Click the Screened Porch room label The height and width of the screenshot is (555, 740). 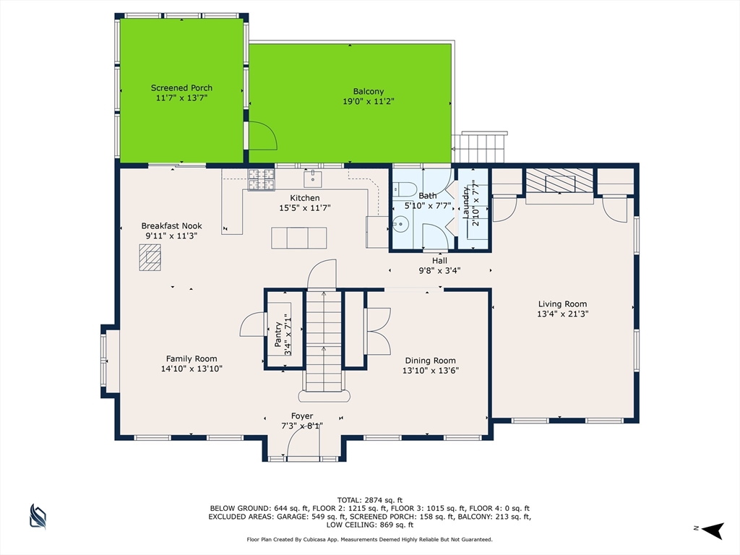tap(181, 87)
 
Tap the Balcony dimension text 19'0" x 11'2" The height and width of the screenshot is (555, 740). tap(369, 101)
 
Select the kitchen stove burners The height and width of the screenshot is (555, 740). tap(262, 180)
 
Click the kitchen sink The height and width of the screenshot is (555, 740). tap(312, 179)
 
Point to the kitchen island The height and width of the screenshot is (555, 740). tap(298, 238)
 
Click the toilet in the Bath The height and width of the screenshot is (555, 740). tap(405, 189)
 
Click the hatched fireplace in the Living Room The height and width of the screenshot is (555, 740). tap(560, 181)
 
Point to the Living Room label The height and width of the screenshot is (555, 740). tap(562, 304)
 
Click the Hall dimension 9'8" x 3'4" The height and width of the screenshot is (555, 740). tap(440, 271)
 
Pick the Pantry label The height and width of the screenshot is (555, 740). tap(278, 334)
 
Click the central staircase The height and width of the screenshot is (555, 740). tap(324, 341)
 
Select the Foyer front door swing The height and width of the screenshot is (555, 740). tap(303, 444)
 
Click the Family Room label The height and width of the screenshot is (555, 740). tap(192, 359)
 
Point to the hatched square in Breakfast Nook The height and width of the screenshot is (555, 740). tap(150, 257)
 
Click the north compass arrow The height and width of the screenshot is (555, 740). tap(713, 530)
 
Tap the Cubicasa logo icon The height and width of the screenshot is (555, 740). tap(38, 516)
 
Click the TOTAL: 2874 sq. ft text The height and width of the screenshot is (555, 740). tap(370, 500)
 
